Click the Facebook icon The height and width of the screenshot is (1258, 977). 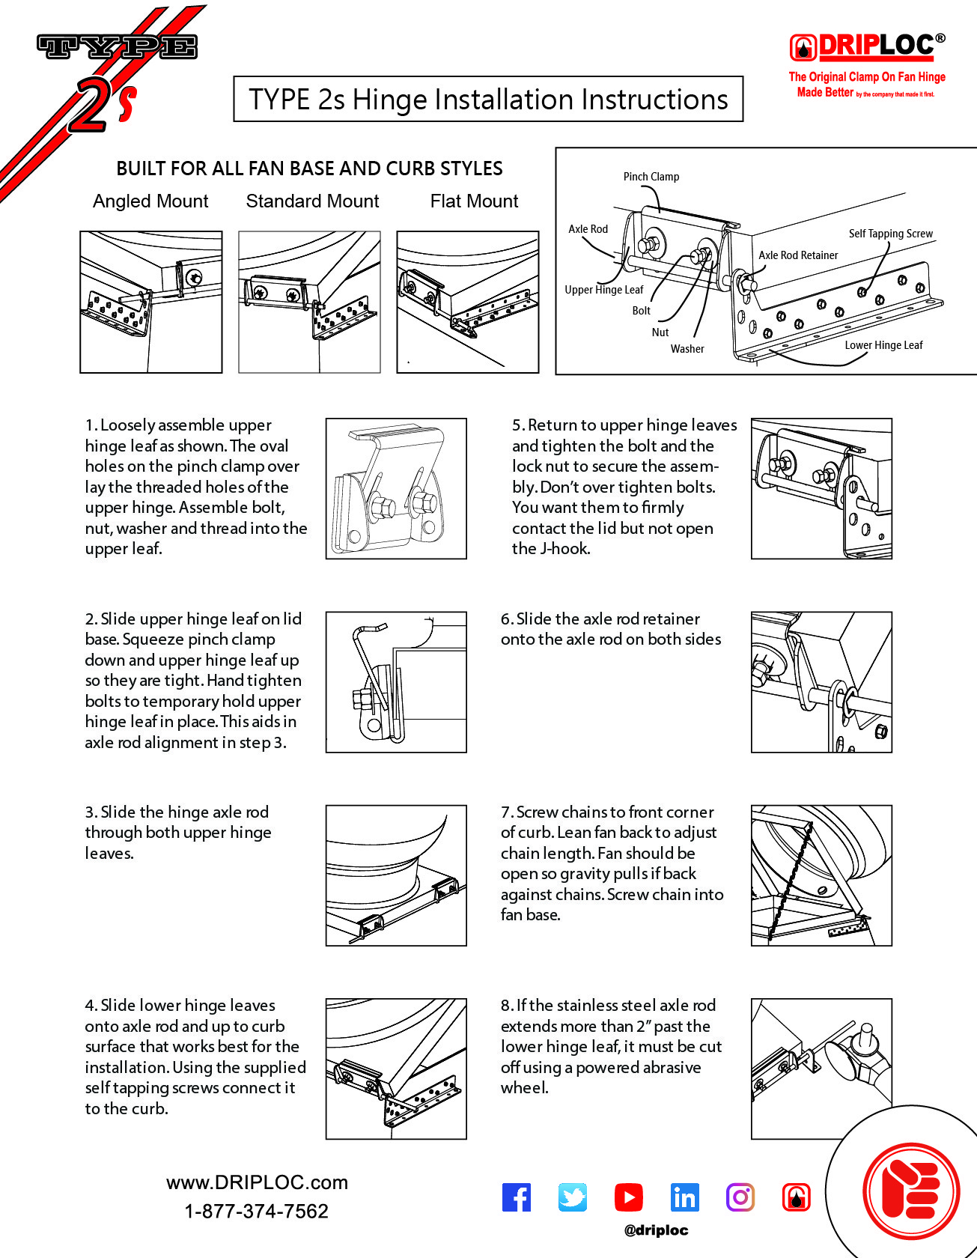pyautogui.click(x=517, y=1197)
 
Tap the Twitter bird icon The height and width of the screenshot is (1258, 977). pyautogui.click(x=573, y=1197)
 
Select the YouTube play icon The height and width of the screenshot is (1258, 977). pyautogui.click(x=628, y=1197)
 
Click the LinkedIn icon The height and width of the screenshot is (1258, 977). pyautogui.click(x=684, y=1197)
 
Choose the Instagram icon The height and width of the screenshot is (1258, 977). pyautogui.click(x=740, y=1197)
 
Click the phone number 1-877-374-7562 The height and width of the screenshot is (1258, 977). pyautogui.click(x=256, y=1212)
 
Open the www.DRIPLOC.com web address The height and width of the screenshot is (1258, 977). pyautogui.click(x=257, y=1182)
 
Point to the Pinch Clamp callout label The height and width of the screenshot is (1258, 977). pyautogui.click(x=651, y=177)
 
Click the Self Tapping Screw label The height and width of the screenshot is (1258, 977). pyautogui.click(x=890, y=234)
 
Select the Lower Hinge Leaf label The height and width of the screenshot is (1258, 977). pyautogui.click(x=883, y=345)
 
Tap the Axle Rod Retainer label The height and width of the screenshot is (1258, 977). pyautogui.click(x=798, y=255)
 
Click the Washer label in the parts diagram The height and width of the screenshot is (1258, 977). pyautogui.click(x=687, y=349)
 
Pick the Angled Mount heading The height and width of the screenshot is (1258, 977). pyautogui.click(x=150, y=201)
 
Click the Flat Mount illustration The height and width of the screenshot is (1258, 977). pyautogui.click(x=467, y=302)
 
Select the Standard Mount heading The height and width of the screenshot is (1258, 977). pyautogui.click(x=312, y=201)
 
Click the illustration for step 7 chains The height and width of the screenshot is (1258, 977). pyautogui.click(x=821, y=875)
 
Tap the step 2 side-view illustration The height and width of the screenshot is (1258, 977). pyautogui.click(x=396, y=682)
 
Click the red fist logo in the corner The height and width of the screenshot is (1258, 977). pyautogui.click(x=911, y=1191)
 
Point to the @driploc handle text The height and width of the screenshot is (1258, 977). pyautogui.click(x=656, y=1230)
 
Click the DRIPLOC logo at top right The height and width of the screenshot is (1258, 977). pyautogui.click(x=867, y=47)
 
